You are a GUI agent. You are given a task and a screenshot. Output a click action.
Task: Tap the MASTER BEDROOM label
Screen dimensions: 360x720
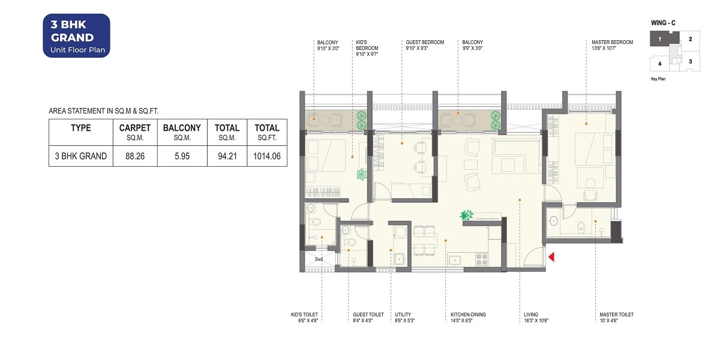(x=612, y=42)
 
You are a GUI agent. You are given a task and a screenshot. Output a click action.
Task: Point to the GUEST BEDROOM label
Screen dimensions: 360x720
(x=425, y=42)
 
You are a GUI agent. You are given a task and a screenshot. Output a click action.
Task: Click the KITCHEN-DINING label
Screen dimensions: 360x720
(x=468, y=314)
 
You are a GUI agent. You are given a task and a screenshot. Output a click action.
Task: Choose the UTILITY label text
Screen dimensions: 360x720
(x=403, y=314)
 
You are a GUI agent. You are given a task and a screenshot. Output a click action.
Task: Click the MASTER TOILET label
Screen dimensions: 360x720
(x=616, y=314)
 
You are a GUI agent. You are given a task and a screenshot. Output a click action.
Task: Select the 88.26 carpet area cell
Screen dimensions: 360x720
(x=134, y=156)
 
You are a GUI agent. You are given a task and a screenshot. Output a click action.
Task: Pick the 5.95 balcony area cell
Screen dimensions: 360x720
(x=181, y=156)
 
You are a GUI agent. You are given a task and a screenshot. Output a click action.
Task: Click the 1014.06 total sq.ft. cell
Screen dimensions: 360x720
(x=266, y=156)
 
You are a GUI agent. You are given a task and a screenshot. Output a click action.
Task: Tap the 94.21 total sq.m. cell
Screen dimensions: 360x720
(x=227, y=156)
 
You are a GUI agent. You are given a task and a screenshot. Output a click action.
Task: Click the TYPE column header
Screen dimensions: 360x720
(x=80, y=128)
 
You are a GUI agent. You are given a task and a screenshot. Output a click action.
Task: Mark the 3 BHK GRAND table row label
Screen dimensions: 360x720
(x=80, y=156)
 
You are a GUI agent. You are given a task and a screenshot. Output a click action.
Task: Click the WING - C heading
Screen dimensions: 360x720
(x=663, y=23)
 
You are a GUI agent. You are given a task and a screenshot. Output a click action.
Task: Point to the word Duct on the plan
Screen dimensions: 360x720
(x=319, y=260)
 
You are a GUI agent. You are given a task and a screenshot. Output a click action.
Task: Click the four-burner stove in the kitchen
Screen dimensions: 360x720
(x=481, y=259)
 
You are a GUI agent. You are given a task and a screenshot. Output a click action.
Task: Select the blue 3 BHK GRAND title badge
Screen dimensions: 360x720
(x=76, y=35)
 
